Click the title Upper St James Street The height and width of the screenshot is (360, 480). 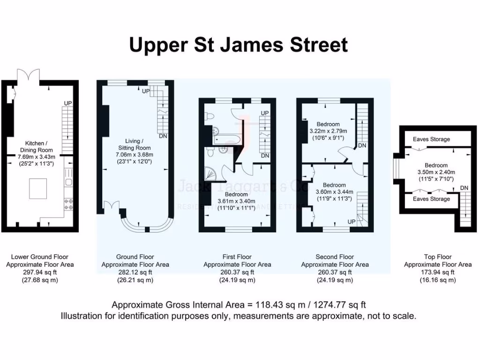tap(239, 45)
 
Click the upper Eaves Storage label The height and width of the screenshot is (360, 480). tap(431, 139)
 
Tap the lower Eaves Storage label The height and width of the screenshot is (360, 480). tap(431, 199)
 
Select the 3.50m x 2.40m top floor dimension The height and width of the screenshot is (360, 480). tap(436, 172)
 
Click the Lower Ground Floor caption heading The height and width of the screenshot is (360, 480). tap(40, 257)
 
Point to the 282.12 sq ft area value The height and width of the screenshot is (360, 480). tap(135, 272)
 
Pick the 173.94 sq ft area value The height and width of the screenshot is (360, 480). tap(438, 272)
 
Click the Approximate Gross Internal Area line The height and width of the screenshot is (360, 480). tap(239, 304)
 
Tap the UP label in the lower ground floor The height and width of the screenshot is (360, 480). tap(68, 103)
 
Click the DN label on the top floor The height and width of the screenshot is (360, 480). tap(464, 188)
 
